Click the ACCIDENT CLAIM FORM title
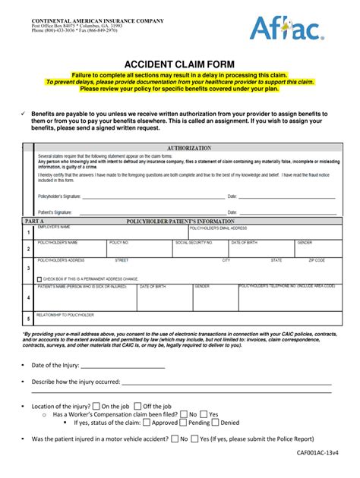pos(179,64)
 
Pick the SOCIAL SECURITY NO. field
pos(201,250)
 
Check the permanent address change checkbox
pos(40,279)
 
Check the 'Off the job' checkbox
pos(137,406)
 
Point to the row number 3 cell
pos(28,268)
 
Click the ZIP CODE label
pos(317,260)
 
